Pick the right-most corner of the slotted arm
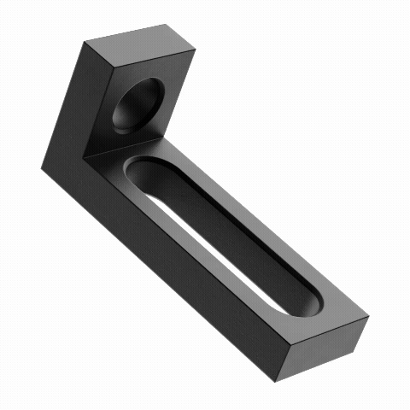tap(370, 317)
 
